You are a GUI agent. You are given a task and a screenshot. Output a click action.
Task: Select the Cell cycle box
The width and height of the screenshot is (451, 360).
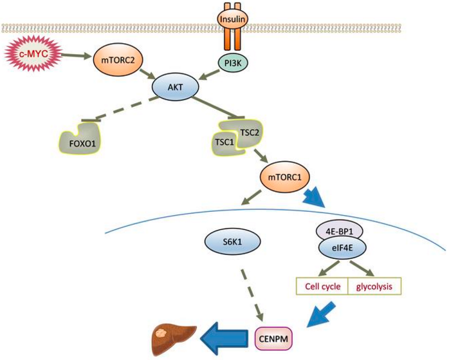pyautogui.click(x=321, y=285)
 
